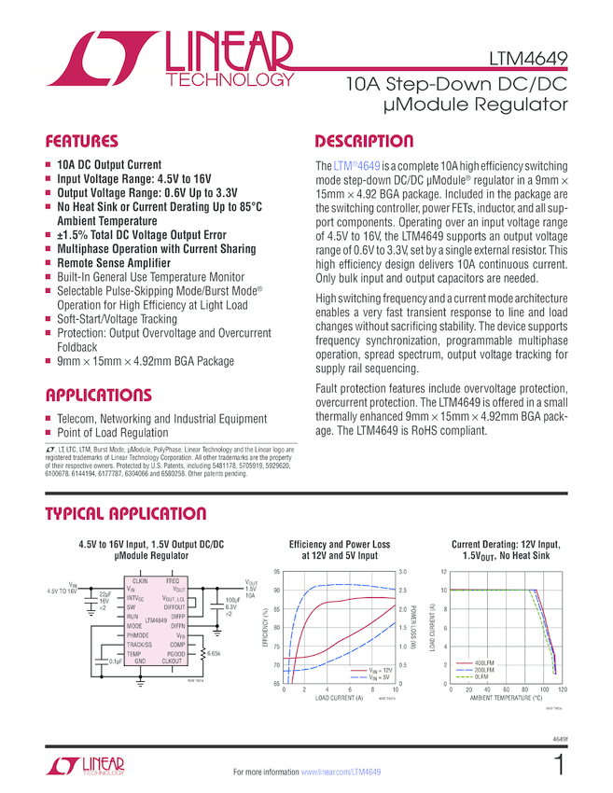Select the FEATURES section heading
(x=83, y=142)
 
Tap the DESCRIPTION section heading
(x=364, y=142)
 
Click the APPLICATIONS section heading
(x=98, y=395)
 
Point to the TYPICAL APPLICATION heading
(x=126, y=514)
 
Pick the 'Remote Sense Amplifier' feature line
(x=114, y=263)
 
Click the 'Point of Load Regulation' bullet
(x=113, y=433)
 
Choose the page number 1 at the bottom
(x=559, y=767)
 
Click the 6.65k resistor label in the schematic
(x=215, y=654)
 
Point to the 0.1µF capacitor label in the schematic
(x=114, y=661)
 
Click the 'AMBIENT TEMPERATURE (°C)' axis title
(x=506, y=698)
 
